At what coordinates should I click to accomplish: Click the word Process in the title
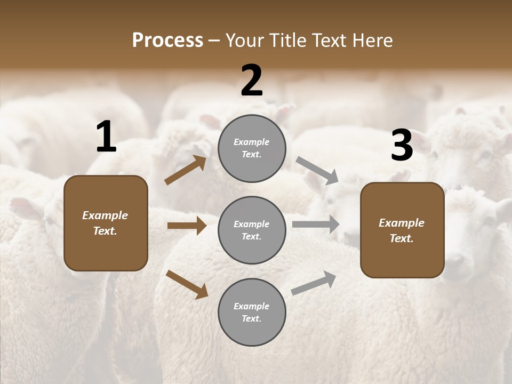coord(167,41)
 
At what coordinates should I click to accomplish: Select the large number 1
coord(106,137)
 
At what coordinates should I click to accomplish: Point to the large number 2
coord(252,81)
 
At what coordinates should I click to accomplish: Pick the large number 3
coord(402,146)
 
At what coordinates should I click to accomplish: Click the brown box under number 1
coord(106,223)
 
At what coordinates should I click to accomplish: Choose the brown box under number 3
coord(402,230)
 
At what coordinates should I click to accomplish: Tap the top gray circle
coord(252,148)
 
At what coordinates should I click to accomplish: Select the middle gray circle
coord(252,230)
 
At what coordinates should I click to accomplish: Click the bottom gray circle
coord(252,312)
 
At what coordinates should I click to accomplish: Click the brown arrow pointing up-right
coord(186,170)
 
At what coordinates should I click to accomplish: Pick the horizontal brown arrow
coord(187,226)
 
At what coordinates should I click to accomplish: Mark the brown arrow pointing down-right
coord(187,284)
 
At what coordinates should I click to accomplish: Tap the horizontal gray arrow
coord(316,225)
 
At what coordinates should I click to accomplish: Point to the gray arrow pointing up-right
coord(314,283)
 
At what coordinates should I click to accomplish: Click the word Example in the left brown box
coord(105,215)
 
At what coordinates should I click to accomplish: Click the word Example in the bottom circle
coord(252,306)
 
